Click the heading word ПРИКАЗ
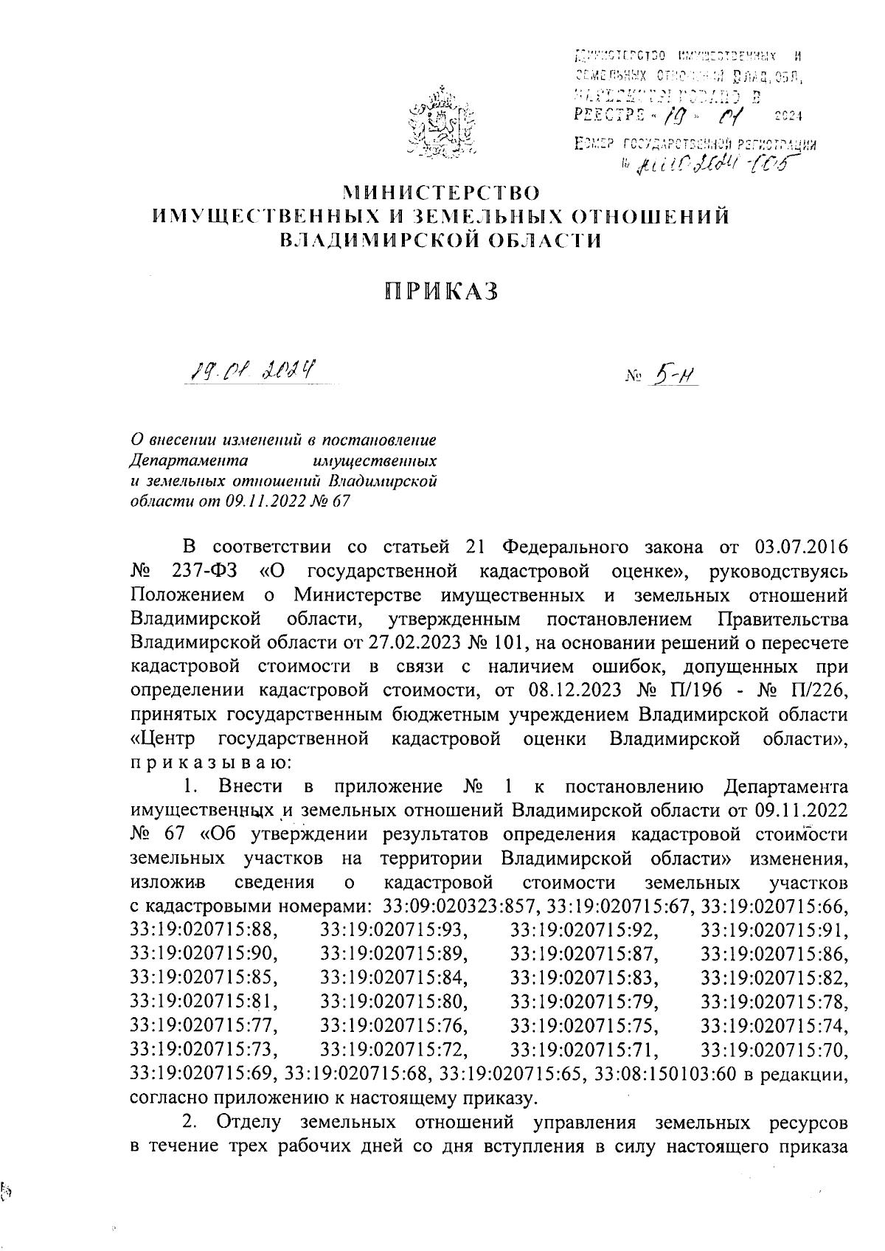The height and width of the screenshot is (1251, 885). (x=442, y=291)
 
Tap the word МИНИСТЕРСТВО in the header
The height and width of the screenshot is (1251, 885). (x=442, y=193)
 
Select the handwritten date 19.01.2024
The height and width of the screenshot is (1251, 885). (x=251, y=367)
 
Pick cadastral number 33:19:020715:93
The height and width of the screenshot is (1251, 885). (x=395, y=929)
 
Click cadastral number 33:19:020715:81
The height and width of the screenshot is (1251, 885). (x=204, y=1001)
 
